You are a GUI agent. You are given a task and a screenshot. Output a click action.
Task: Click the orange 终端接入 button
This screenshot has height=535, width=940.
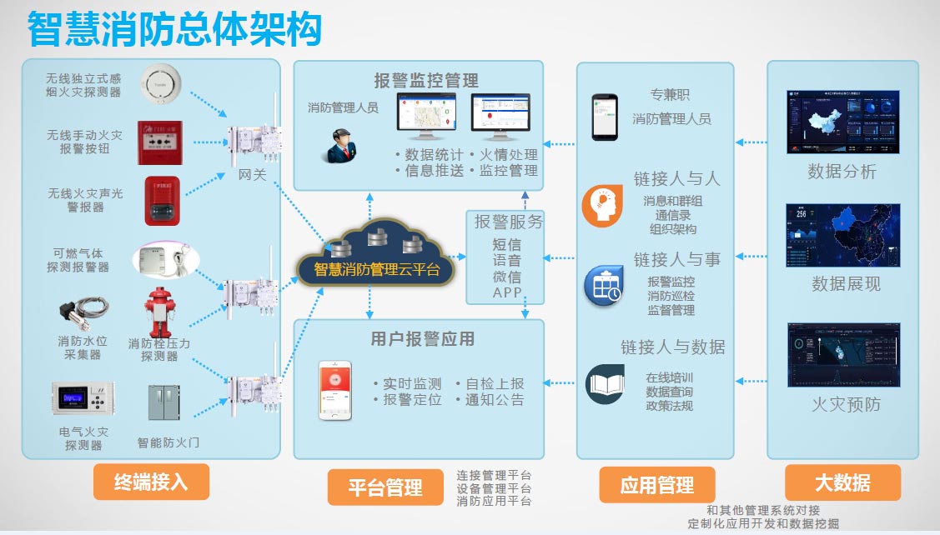click(151, 482)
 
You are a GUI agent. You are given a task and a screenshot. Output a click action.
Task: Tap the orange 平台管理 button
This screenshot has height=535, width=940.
click(385, 487)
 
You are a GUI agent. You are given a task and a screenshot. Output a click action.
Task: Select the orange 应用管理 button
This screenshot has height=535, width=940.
click(657, 485)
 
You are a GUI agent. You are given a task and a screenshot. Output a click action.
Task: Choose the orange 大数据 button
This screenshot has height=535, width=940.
click(842, 482)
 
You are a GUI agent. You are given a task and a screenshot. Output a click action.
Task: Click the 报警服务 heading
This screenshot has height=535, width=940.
click(509, 222)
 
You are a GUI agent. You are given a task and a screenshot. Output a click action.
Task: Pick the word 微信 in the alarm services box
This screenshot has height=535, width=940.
click(507, 276)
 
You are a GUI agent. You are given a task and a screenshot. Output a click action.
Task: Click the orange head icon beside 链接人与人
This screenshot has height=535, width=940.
click(602, 207)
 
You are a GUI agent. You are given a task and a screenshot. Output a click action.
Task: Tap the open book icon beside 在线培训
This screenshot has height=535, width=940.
click(605, 384)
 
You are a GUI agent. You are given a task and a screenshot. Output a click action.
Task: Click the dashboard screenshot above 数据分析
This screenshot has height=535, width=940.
click(842, 122)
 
